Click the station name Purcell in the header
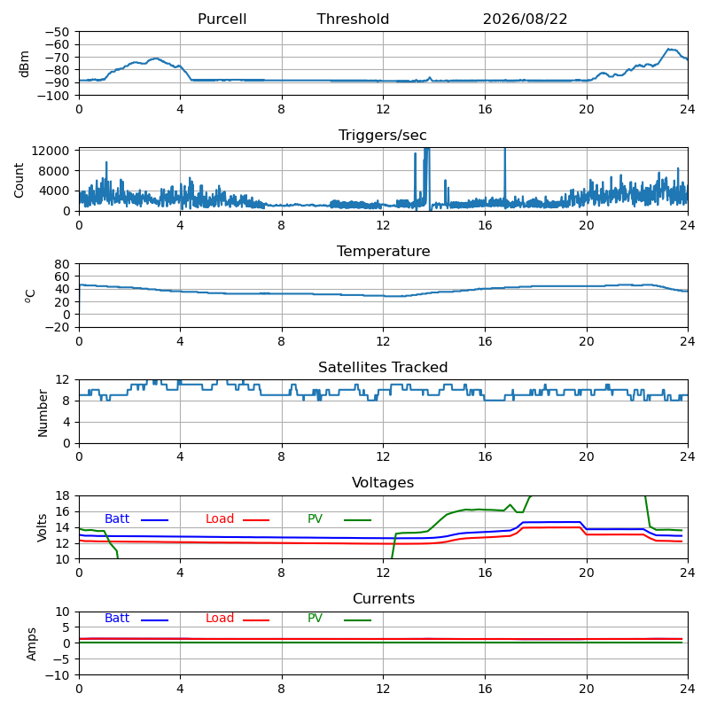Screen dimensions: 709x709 pyautogui.click(x=222, y=19)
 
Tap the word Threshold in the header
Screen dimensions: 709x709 pyautogui.click(x=353, y=19)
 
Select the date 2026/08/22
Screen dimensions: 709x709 pyautogui.click(x=525, y=19)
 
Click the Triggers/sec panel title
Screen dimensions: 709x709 pyautogui.click(x=383, y=136)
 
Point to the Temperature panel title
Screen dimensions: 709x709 pyautogui.click(x=384, y=251)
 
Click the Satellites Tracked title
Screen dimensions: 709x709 pyautogui.click(x=383, y=367)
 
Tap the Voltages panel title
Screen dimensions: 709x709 pyautogui.click(x=383, y=483)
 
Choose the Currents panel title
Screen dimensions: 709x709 pyautogui.click(x=384, y=599)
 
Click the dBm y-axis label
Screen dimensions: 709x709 pyautogui.click(x=24, y=64)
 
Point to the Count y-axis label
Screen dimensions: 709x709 pyautogui.click(x=19, y=181)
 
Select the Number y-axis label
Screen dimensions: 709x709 pyautogui.click(x=43, y=413)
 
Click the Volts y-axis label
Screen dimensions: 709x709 pyautogui.click(x=42, y=527)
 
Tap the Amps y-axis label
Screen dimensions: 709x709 pyautogui.click(x=31, y=644)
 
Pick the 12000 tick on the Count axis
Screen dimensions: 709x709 pyautogui.click(x=51, y=151)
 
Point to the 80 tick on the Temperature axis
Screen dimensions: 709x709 pyautogui.click(x=62, y=264)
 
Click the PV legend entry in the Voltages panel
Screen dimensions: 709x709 pyautogui.click(x=339, y=519)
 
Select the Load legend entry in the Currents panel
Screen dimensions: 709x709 pyautogui.click(x=238, y=619)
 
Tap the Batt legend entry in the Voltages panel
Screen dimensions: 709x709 pyautogui.click(x=136, y=519)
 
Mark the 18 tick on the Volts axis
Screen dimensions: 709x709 pyautogui.click(x=62, y=496)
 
